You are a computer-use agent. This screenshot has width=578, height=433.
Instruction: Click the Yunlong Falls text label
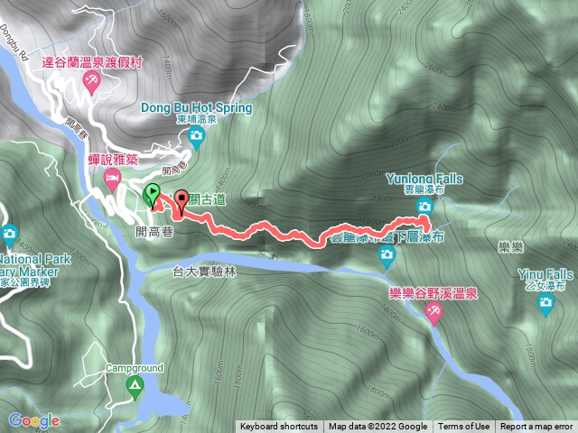click(423, 179)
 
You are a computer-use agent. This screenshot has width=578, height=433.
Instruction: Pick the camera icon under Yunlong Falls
click(424, 207)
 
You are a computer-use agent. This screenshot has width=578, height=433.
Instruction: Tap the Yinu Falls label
click(545, 274)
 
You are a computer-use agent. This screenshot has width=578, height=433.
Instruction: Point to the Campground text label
click(134, 368)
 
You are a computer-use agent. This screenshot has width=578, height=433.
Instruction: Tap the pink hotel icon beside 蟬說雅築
click(113, 179)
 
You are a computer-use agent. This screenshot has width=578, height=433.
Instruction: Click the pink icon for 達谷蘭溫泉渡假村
click(90, 82)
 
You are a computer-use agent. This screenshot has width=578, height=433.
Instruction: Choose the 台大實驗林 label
click(203, 271)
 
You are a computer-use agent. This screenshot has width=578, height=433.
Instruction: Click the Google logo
click(34, 420)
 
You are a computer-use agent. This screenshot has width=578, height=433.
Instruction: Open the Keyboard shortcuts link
click(279, 427)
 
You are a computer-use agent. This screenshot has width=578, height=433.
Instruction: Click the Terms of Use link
click(464, 427)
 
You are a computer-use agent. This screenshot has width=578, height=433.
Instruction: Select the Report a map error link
click(536, 427)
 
